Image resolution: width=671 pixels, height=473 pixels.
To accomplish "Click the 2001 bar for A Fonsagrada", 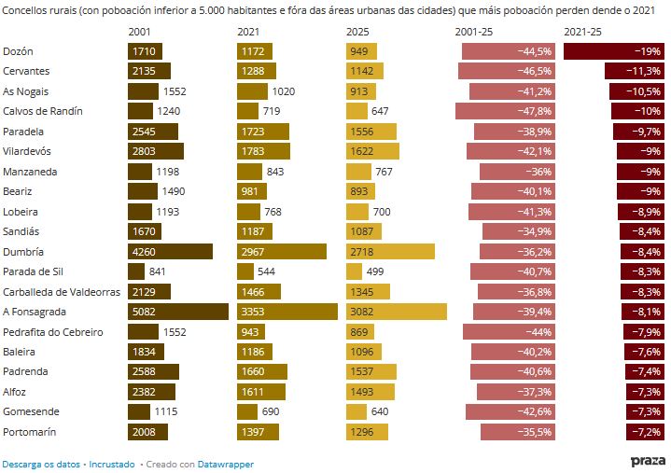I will (x=177, y=312).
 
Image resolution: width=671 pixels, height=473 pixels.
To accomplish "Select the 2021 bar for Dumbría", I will (x=281, y=252).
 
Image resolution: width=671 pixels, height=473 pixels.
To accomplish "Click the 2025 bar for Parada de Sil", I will (x=354, y=271).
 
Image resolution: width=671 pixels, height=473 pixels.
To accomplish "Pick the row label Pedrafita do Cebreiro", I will (x=53, y=332).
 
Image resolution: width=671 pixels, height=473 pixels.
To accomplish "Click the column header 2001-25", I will (x=474, y=32).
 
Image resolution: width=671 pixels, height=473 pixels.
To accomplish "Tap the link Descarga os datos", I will (x=41, y=463).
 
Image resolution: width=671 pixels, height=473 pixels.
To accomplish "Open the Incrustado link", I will (x=111, y=463).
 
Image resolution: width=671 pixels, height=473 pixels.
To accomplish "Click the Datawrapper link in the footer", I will (x=226, y=463).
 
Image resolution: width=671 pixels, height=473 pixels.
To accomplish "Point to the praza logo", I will (x=648, y=461).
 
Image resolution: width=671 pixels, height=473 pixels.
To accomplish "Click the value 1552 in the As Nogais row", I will (x=175, y=91).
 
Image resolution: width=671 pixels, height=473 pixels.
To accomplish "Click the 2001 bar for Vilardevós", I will (x=156, y=151).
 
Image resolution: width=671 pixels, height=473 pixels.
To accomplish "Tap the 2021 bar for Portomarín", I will (x=258, y=432).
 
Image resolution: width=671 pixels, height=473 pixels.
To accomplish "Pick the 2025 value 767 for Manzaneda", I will (x=384, y=172).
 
